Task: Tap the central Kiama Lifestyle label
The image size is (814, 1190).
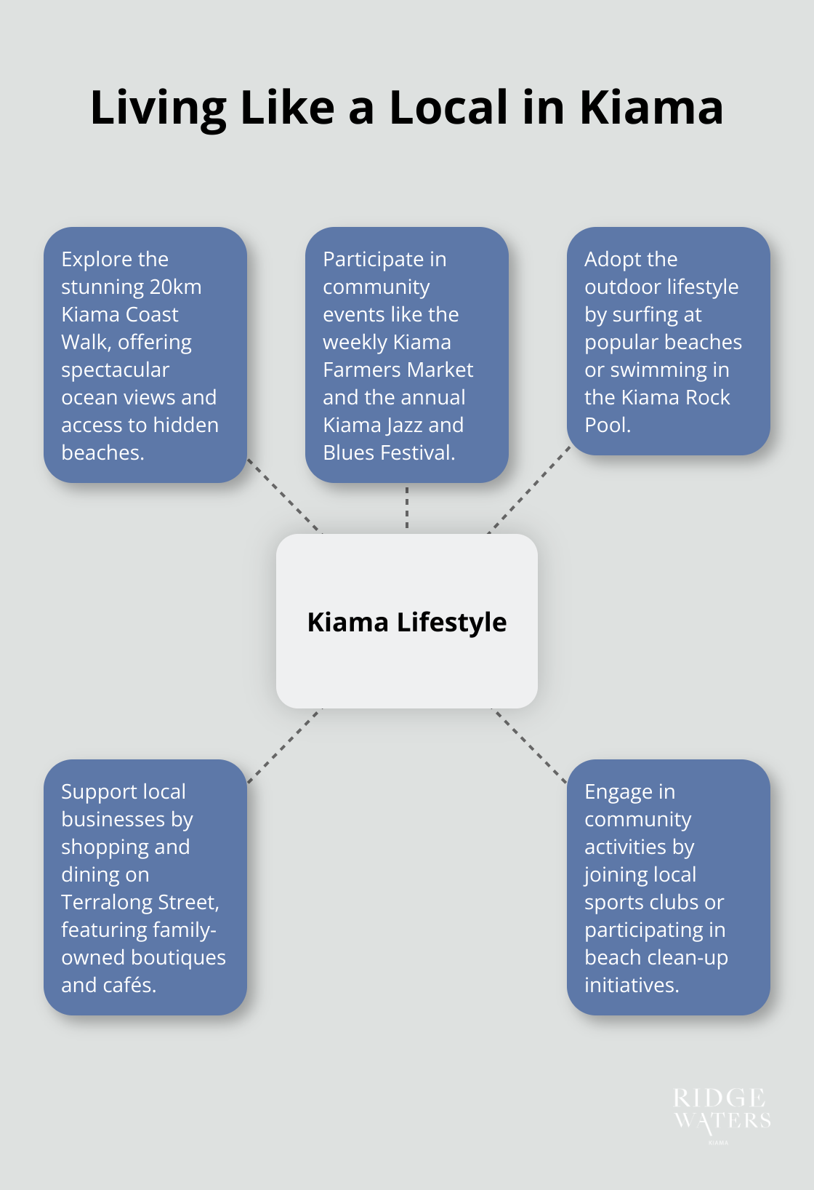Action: (x=407, y=623)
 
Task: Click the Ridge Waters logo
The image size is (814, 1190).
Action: (x=722, y=1113)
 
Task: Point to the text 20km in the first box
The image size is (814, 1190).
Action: (x=175, y=287)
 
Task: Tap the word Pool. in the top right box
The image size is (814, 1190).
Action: (x=608, y=426)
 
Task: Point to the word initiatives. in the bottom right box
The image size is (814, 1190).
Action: (x=632, y=986)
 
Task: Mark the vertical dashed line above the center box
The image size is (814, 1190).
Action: (x=407, y=508)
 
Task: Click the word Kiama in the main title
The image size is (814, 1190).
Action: (x=651, y=108)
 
